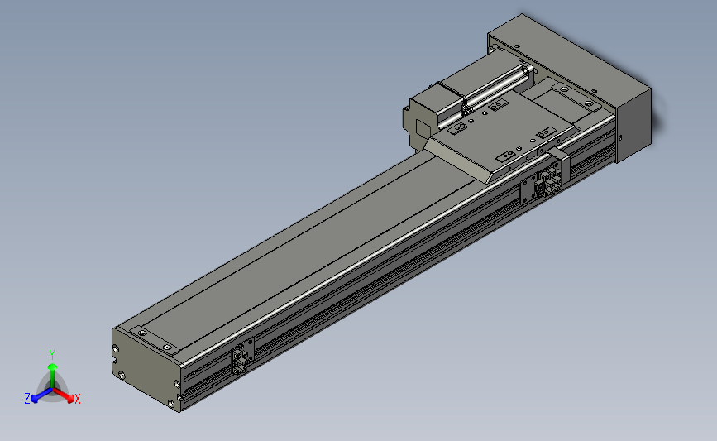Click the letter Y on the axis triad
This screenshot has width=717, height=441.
tap(51, 355)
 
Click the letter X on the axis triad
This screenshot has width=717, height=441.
tap(78, 399)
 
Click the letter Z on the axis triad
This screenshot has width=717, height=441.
tap(27, 399)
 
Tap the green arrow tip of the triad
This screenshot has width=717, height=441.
tap(52, 367)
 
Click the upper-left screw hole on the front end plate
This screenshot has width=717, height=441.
tap(116, 349)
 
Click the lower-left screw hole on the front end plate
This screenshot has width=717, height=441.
tap(122, 376)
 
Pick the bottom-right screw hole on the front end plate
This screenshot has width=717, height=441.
tap(171, 404)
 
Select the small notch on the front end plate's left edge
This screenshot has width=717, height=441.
tap(113, 366)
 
